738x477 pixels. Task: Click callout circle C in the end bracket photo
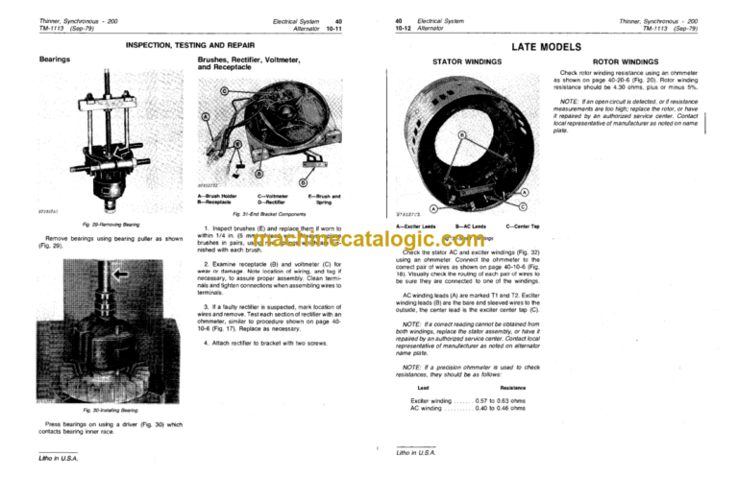coord(224,90)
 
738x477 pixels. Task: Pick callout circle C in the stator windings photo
coord(522,205)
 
